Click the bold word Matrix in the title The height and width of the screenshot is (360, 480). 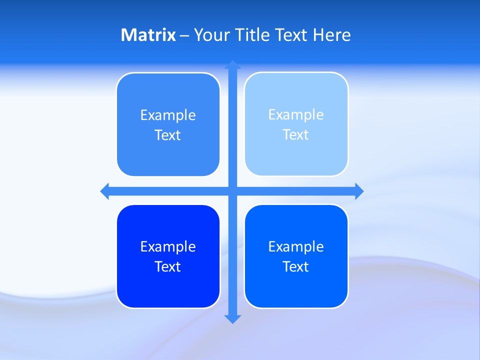148,35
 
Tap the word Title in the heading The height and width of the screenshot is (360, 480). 252,35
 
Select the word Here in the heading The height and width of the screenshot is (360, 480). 332,35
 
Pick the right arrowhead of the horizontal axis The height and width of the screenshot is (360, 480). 359,191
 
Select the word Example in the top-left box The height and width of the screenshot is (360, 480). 168,115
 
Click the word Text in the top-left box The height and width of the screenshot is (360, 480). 168,135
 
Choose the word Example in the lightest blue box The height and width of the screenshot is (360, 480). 296,115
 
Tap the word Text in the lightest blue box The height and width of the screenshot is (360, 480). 296,135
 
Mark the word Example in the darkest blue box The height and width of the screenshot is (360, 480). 168,247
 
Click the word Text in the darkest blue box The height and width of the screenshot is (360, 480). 168,267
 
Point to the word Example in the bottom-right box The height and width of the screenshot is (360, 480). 296,247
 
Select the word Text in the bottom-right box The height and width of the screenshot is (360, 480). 296,267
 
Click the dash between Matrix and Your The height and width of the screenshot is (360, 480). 184,35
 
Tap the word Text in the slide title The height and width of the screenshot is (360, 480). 292,35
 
